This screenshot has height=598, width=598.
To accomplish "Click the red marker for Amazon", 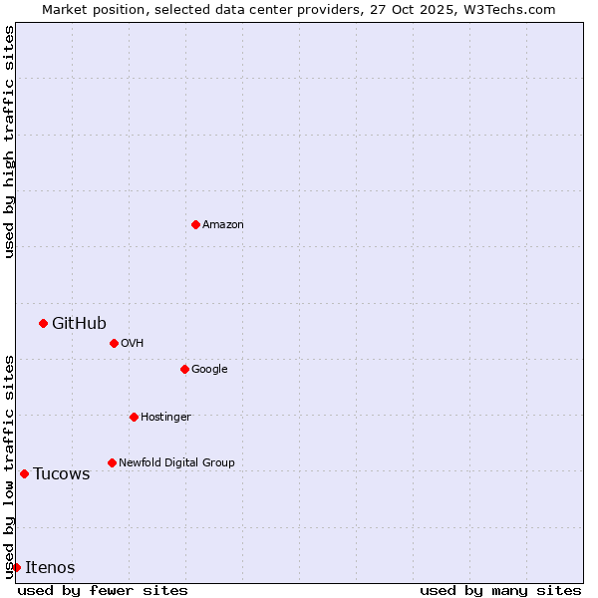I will (195, 224).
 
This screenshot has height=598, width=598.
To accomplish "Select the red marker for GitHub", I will (43, 323).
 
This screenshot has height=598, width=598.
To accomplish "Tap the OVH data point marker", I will (114, 343).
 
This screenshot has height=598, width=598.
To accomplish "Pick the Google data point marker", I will (184, 369).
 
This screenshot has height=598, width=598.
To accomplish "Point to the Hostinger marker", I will (134, 417).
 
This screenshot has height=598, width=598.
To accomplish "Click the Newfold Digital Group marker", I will (112, 462).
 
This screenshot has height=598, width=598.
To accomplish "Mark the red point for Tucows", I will (24, 473).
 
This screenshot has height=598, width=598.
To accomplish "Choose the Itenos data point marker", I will (16, 567).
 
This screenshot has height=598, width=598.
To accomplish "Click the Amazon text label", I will (223, 224).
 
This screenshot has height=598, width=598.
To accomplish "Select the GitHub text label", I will (79, 323).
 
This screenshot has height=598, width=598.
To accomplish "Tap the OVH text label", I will (133, 343).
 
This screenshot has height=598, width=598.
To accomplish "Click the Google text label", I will (209, 369).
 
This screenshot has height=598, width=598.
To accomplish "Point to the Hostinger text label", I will (165, 417).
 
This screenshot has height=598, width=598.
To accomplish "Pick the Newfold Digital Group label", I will (176, 462).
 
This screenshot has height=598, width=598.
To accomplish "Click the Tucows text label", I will (62, 473).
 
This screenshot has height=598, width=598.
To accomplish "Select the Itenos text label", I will (50, 567).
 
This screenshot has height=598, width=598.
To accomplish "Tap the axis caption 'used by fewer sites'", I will (103, 590).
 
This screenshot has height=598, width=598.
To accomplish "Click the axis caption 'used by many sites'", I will (500, 590).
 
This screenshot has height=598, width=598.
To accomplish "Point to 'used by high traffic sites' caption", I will (9, 142).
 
